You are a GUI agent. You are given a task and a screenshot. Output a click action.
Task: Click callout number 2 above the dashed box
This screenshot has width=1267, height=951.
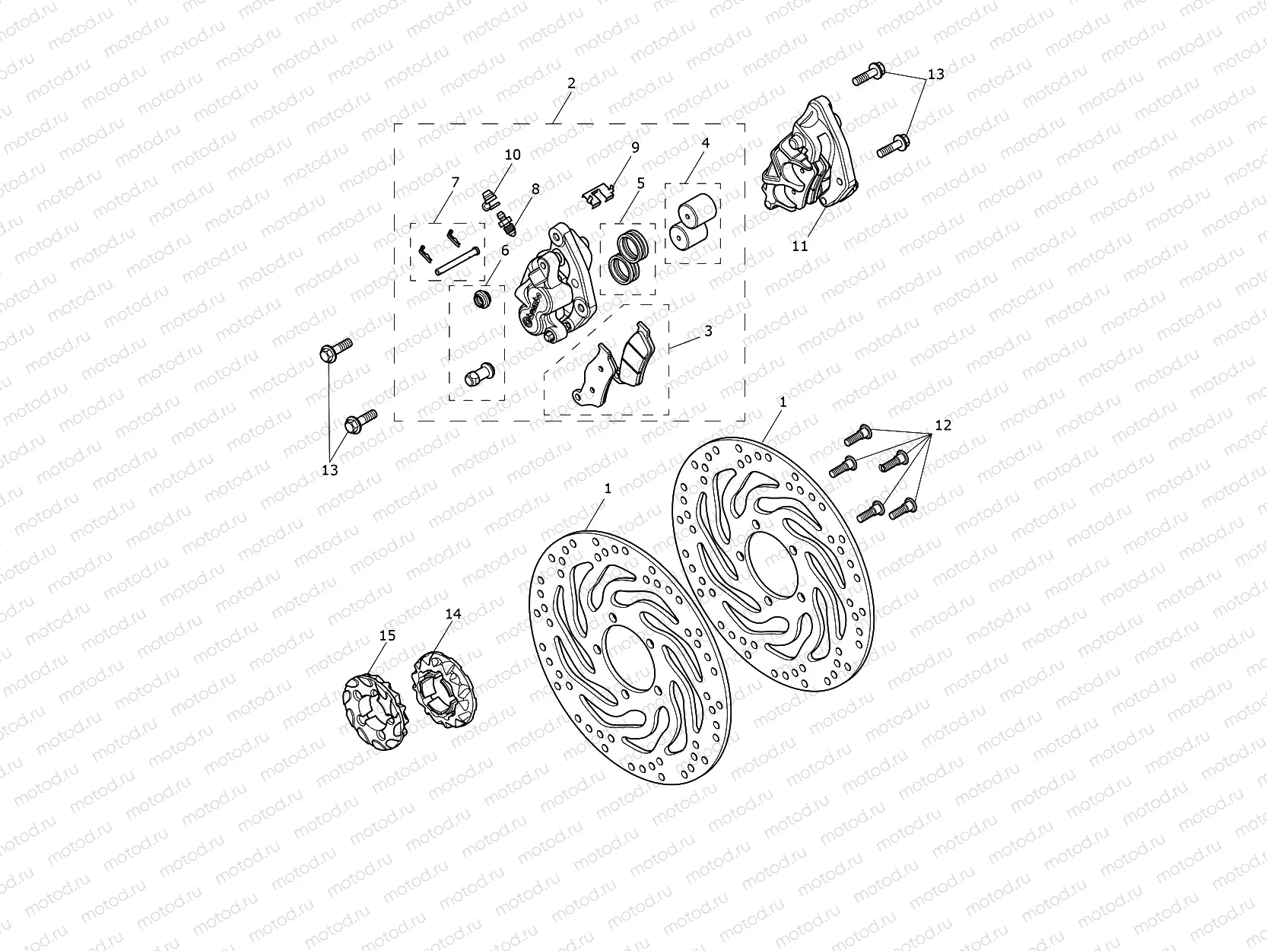[571, 84]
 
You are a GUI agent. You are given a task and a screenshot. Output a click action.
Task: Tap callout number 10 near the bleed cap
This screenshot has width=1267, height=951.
[513, 154]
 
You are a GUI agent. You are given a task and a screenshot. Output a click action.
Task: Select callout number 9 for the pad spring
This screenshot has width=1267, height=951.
[635, 147]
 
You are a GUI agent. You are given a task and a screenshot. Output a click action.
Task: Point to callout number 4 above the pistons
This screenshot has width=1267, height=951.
[705, 143]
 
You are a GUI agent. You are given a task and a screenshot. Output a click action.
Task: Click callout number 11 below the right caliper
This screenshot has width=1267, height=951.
[800, 246]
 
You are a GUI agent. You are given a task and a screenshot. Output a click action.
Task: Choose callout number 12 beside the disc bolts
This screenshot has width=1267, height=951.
[943, 425]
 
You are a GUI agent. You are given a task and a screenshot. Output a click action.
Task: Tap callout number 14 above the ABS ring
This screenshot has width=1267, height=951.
[453, 614]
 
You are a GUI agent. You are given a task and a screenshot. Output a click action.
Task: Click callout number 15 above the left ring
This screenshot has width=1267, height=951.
[387, 635]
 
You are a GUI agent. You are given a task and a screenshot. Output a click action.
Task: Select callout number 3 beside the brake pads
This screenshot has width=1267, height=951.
[707, 332]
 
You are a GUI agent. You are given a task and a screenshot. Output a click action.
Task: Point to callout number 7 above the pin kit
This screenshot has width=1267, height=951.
[455, 182]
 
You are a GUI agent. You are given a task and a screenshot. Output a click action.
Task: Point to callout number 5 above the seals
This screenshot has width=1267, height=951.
[640, 183]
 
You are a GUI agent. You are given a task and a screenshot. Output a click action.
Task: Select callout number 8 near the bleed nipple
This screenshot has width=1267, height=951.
[535, 189]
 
